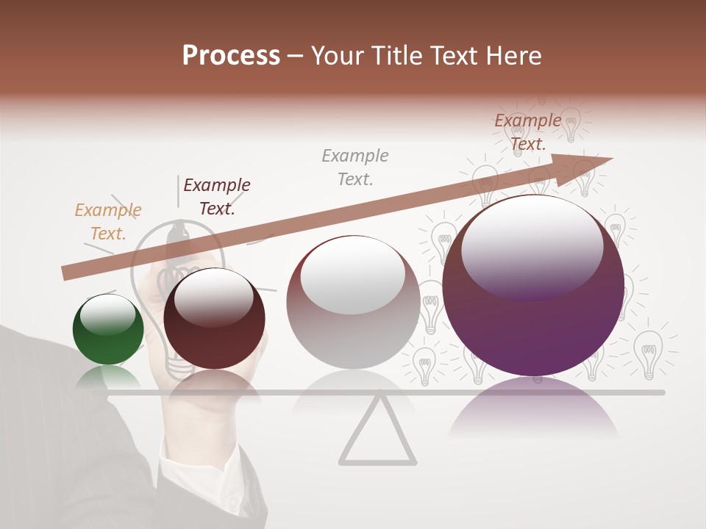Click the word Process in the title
pyautogui.click(x=231, y=56)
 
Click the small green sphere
pyautogui.click(x=108, y=329)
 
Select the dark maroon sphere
pyautogui.click(x=214, y=319)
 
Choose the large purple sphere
pyautogui.click(x=533, y=287)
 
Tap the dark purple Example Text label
pyautogui.click(x=217, y=197)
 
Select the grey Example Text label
pyautogui.click(x=355, y=167)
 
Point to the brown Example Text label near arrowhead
pyautogui.click(x=527, y=132)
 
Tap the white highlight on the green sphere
pyautogui.click(x=107, y=312)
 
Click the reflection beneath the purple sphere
pyautogui.click(x=533, y=411)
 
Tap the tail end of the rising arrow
pyautogui.click(x=68, y=273)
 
